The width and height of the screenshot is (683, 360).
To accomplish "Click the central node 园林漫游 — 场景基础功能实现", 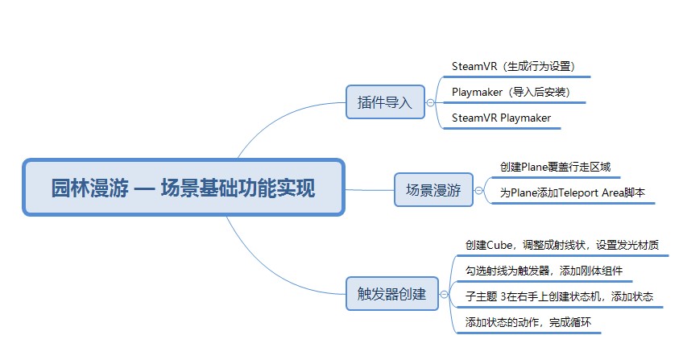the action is tap(184, 187).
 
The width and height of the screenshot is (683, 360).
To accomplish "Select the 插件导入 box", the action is tap(385, 102).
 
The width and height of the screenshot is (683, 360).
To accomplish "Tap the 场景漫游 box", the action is tap(433, 190).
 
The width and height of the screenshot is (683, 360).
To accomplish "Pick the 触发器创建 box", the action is tap(392, 294).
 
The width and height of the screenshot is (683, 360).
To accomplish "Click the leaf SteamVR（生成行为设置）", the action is tap(514, 67).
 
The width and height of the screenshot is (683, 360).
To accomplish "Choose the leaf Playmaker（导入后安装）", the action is tap(511, 93).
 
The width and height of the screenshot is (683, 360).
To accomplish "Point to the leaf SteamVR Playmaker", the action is tap(501, 118).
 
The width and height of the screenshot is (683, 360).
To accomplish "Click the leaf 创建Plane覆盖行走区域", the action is tap(556, 168).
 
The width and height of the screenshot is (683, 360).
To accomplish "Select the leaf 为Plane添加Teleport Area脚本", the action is tap(573, 192).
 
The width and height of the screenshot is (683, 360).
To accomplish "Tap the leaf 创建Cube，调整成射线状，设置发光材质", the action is tap(562, 245).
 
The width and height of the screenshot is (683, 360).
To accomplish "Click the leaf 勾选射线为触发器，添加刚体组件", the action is tap(544, 271).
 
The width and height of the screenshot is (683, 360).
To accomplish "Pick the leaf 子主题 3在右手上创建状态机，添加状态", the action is tap(559, 296).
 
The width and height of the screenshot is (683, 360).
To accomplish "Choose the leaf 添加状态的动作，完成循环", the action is tap(528, 322).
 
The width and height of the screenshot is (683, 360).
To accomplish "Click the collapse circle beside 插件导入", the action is tap(430, 103).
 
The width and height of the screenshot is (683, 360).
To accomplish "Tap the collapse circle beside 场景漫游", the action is tap(478, 190).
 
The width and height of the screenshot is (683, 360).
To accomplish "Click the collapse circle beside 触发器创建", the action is tap(444, 294).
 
